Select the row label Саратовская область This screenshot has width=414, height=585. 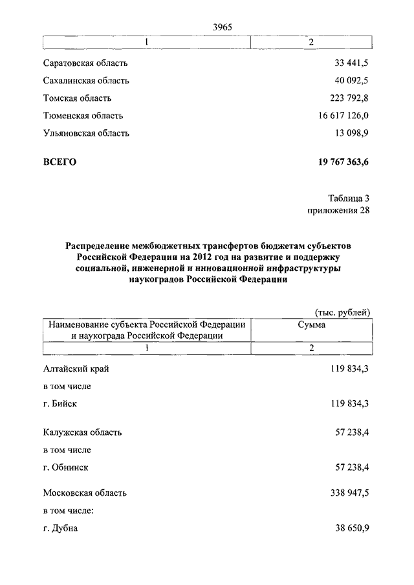85,63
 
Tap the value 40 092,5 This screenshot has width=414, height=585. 351,81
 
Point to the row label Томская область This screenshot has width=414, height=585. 77,98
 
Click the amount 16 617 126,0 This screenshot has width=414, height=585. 343,116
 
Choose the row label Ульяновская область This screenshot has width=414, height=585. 86,133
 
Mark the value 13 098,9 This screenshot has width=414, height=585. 351,133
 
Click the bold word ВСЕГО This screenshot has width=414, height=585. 60,162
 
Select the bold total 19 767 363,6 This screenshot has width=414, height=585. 340,162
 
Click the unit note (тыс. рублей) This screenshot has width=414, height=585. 342,313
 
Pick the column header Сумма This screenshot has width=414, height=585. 311,325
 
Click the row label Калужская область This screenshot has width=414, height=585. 82,432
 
